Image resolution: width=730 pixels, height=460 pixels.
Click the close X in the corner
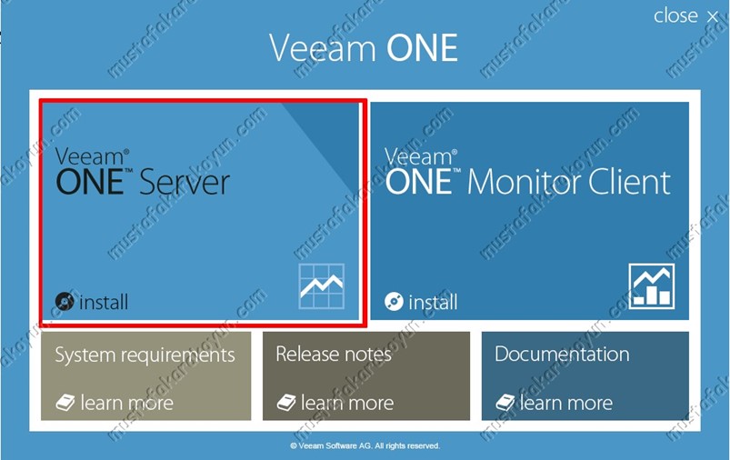click(x=712, y=17)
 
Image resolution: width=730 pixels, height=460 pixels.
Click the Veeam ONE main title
click(x=364, y=47)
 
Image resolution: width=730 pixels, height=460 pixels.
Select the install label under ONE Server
click(x=104, y=302)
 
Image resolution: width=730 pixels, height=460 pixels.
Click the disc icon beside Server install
click(x=65, y=302)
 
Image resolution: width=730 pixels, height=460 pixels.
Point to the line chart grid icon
click(x=322, y=286)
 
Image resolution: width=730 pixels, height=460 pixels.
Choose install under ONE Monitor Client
click(x=433, y=302)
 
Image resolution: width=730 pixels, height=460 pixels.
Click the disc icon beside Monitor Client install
click(x=394, y=302)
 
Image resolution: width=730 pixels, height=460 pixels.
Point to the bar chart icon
click(x=651, y=286)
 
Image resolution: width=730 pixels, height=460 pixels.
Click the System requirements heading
click(x=145, y=355)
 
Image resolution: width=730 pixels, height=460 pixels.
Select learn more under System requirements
click(x=126, y=403)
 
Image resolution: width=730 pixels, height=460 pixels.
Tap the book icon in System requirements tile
click(x=65, y=403)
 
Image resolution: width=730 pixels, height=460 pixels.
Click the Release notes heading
click(x=334, y=354)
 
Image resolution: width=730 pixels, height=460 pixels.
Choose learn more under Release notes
click(x=347, y=403)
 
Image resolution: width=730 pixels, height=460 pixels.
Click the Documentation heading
click(x=562, y=354)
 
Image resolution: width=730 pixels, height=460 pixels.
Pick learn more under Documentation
click(x=566, y=403)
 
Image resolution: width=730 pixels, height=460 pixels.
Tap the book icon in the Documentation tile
click(x=505, y=403)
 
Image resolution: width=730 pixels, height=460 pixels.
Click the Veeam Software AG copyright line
click(x=365, y=446)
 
